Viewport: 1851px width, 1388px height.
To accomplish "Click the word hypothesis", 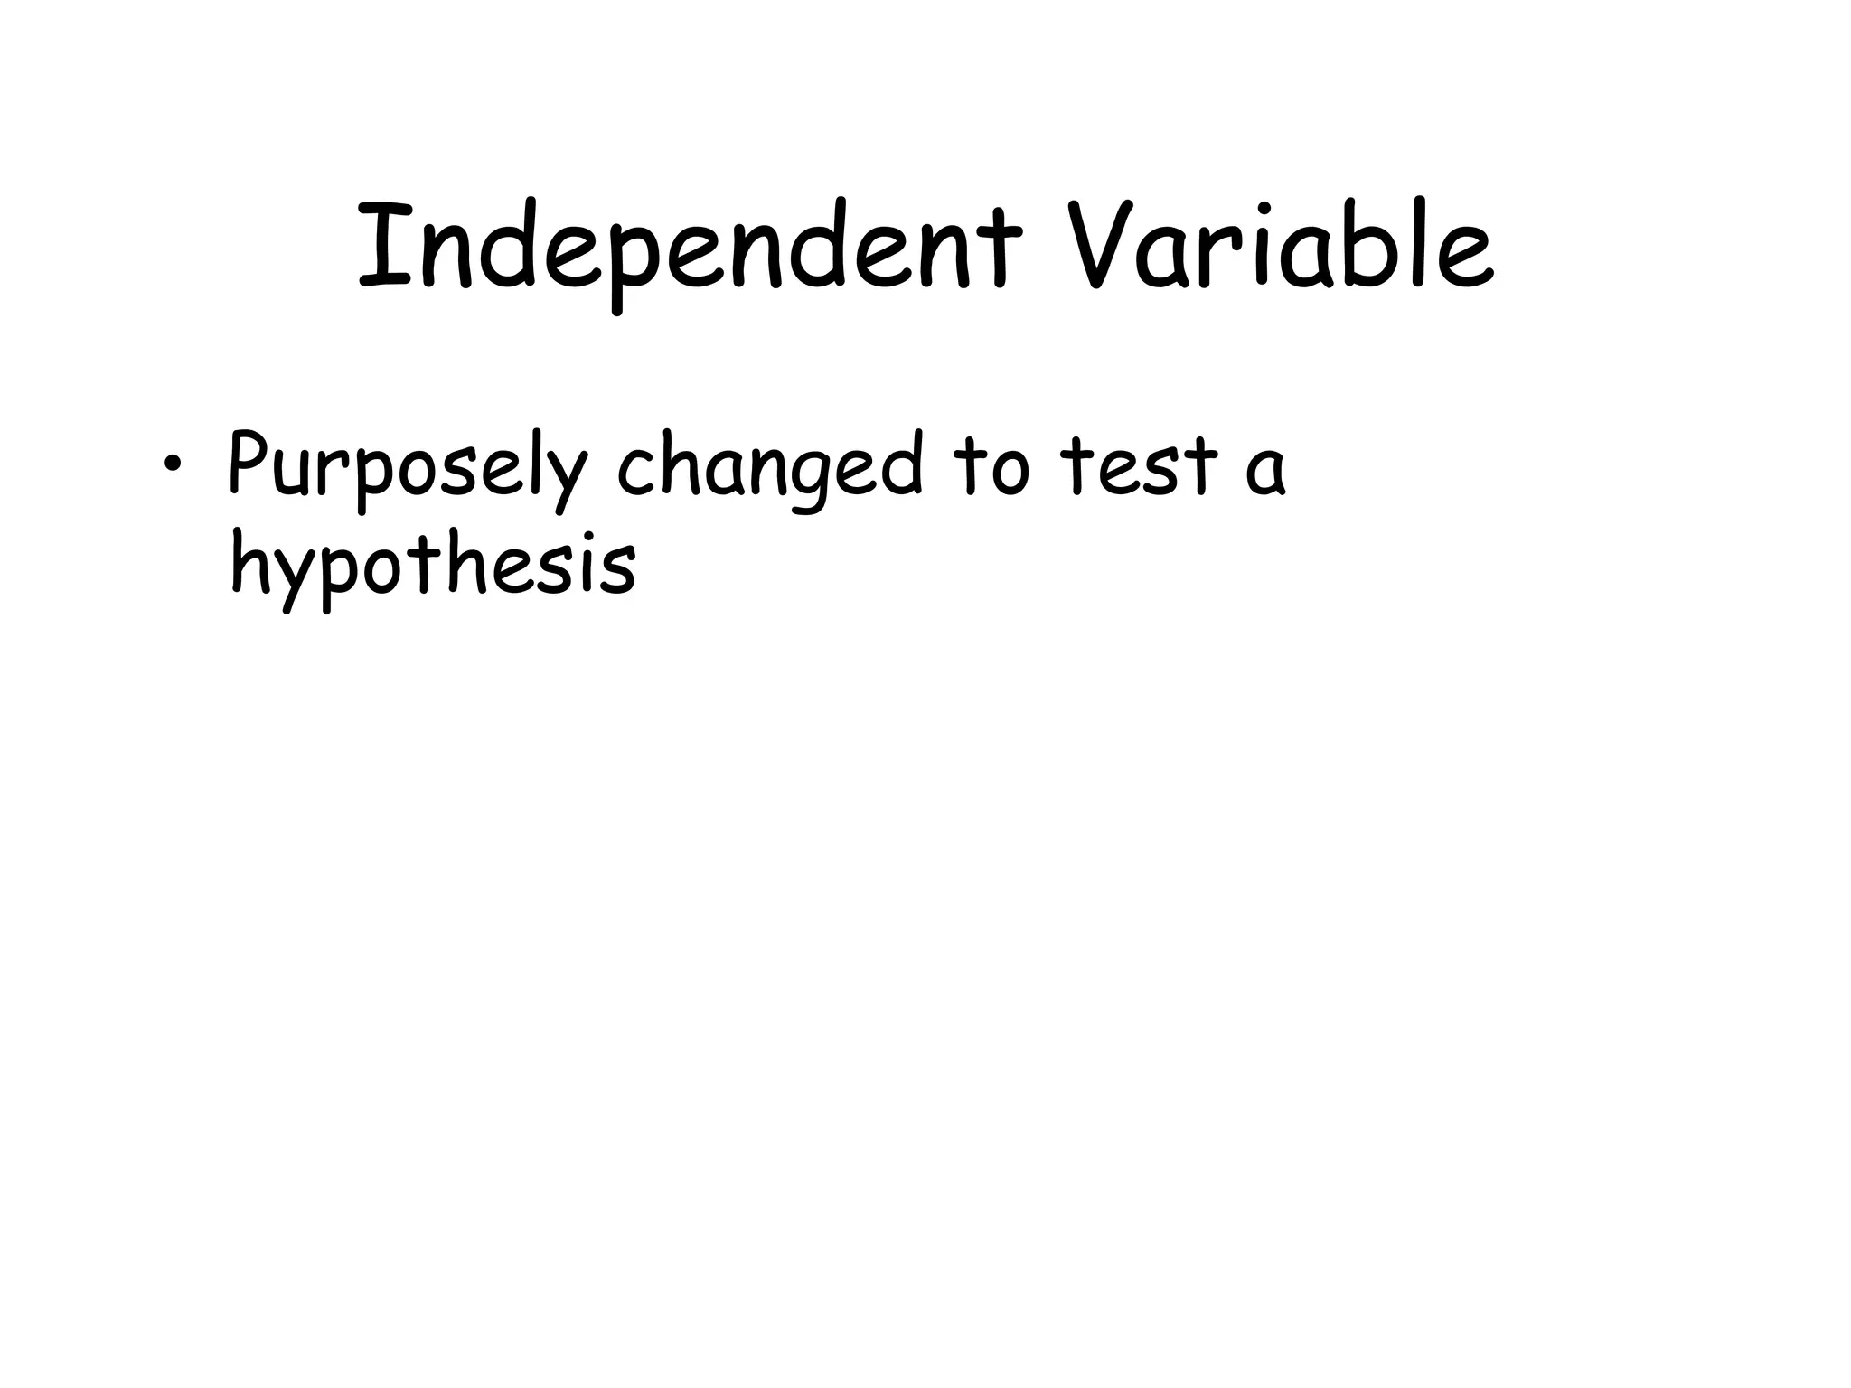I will click(434, 565).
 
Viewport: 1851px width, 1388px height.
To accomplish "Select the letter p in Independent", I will click(627, 262).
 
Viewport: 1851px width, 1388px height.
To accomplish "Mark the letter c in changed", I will click(637, 474).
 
